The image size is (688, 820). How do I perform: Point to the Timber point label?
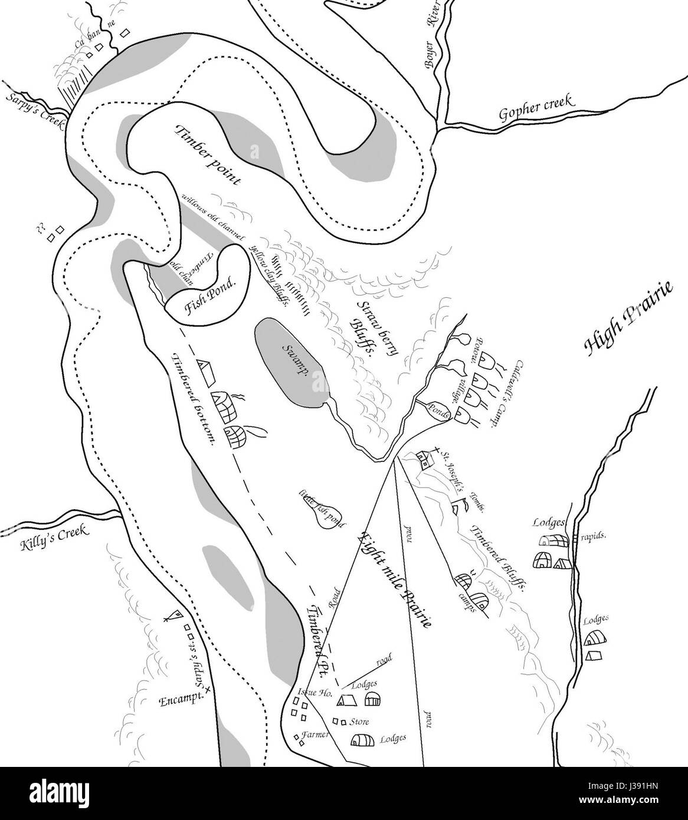pos(208,155)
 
